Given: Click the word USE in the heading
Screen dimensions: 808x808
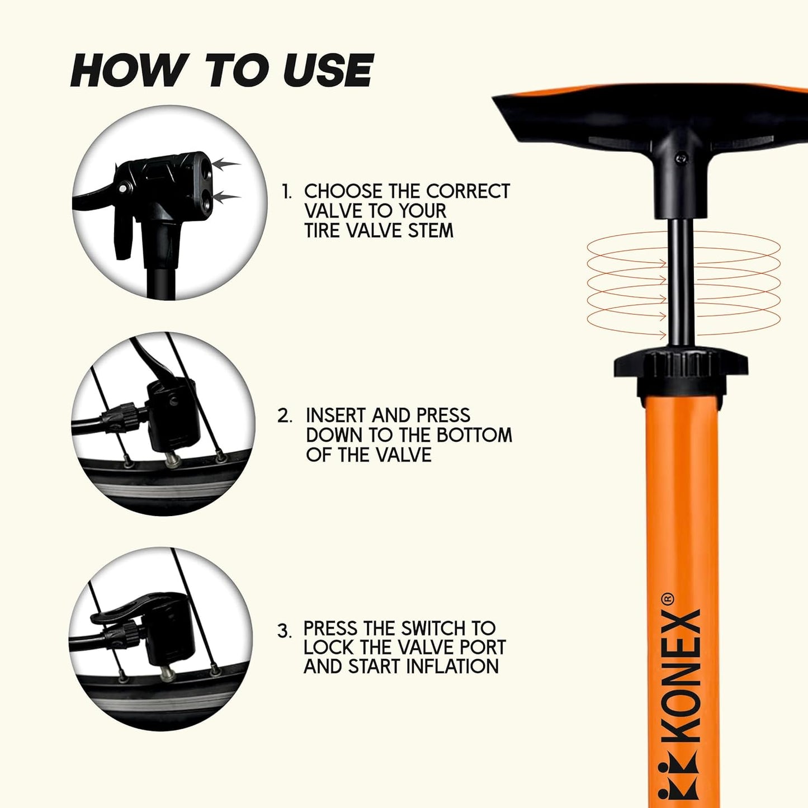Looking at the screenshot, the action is coord(328,70).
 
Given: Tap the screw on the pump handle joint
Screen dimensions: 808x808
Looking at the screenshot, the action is coord(681,158).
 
